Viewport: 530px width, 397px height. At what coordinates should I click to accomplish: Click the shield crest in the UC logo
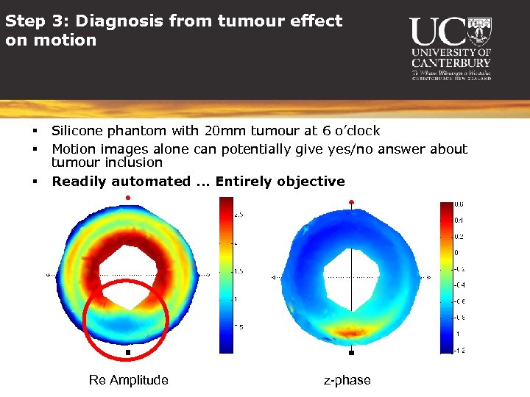pos(478,31)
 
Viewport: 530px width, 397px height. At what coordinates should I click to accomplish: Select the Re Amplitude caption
pos(128,380)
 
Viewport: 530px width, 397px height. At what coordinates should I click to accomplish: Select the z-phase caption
pos(347,380)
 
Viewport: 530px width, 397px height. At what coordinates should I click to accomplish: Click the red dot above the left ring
pos(128,198)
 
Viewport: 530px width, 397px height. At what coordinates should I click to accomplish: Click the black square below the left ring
pos(128,353)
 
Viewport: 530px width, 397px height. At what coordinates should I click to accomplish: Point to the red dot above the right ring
pos(352,201)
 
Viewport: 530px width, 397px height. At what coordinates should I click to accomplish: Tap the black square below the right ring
pos(352,352)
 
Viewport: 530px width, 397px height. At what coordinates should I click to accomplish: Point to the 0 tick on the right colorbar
pos(457,252)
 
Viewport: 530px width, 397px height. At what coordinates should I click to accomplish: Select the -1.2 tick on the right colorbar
pos(459,350)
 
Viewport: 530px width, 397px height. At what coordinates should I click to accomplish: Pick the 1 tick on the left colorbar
pos(235,299)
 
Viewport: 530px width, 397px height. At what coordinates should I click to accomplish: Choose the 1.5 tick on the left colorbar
pos(237,271)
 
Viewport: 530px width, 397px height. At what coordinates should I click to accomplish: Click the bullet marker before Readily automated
pos(35,181)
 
